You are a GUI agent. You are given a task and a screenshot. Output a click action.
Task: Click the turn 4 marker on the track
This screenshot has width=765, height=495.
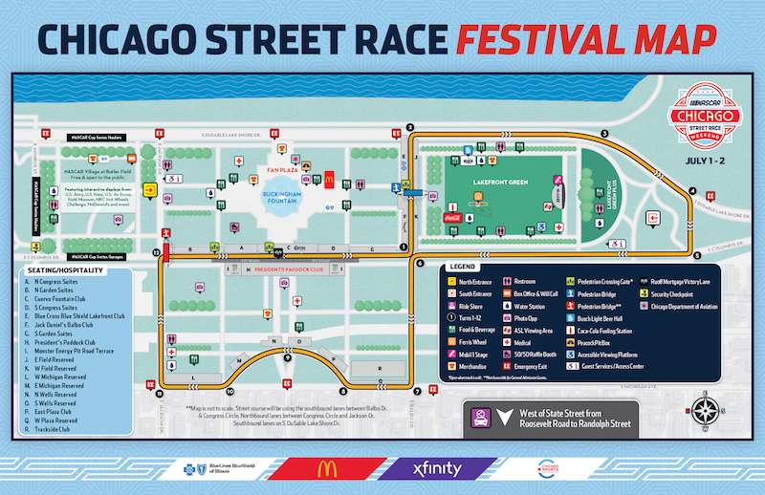pyautogui.click(x=692, y=191)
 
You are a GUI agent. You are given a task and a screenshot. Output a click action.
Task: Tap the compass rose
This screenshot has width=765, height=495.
pyautogui.click(x=706, y=414)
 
